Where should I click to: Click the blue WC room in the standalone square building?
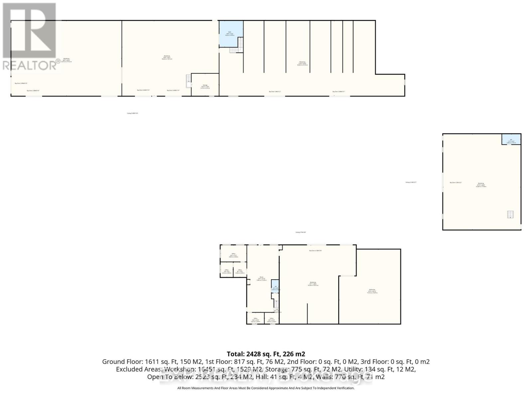(511, 140)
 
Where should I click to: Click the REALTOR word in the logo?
(30, 65)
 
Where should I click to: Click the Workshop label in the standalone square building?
(481, 183)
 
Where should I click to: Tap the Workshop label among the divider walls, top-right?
(302, 62)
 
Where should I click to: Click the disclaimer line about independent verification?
(266, 388)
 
